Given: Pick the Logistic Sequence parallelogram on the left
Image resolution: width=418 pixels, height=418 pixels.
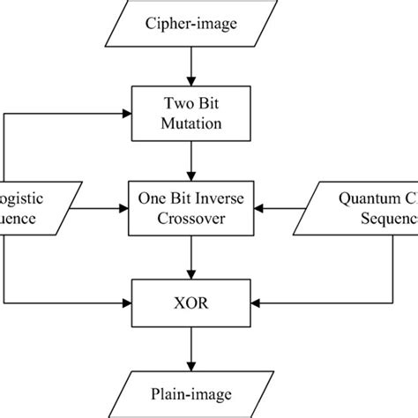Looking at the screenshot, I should pyautogui.click(x=26, y=209).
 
